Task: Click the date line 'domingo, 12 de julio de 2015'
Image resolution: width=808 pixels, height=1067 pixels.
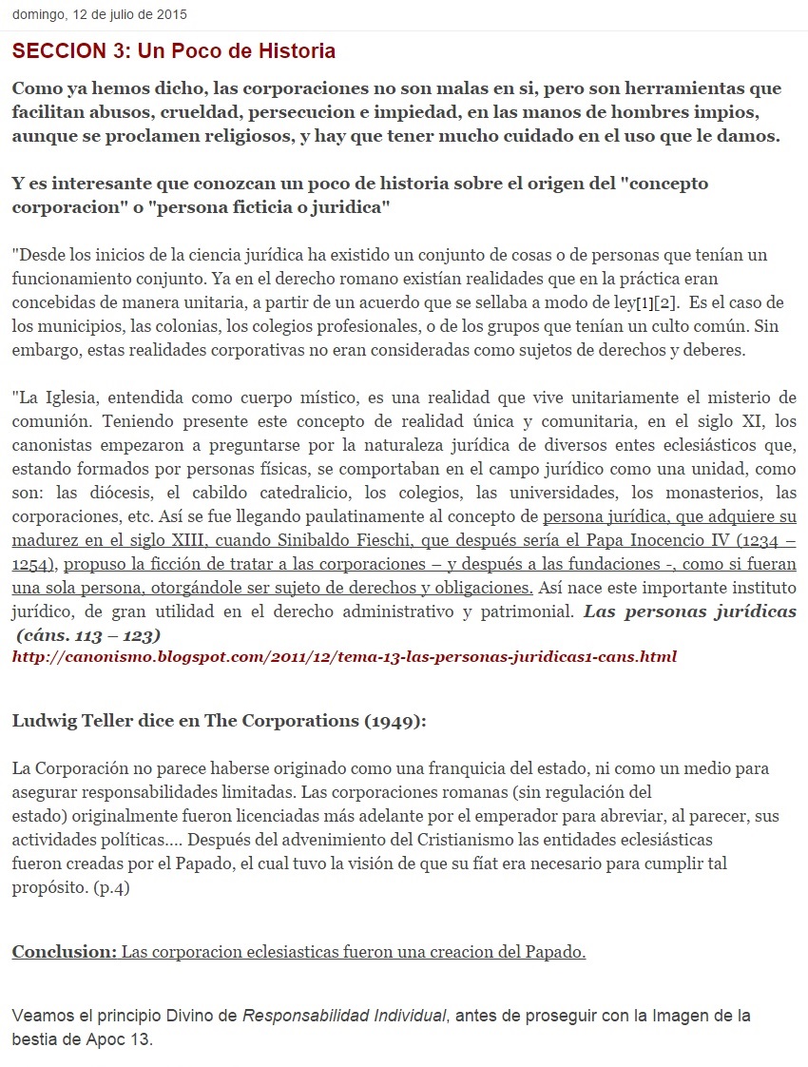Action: point(100,15)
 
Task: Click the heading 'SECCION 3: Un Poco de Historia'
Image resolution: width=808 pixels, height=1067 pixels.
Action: point(174,50)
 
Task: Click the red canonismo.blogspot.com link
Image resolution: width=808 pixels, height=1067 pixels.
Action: point(344,656)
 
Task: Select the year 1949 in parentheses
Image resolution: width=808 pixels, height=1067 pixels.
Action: point(391,720)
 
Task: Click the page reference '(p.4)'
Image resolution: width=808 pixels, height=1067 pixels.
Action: point(112,888)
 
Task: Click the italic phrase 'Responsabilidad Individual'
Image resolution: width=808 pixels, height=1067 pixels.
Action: point(343,1016)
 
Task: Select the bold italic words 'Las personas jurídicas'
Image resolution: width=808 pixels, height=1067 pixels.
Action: point(690,611)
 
